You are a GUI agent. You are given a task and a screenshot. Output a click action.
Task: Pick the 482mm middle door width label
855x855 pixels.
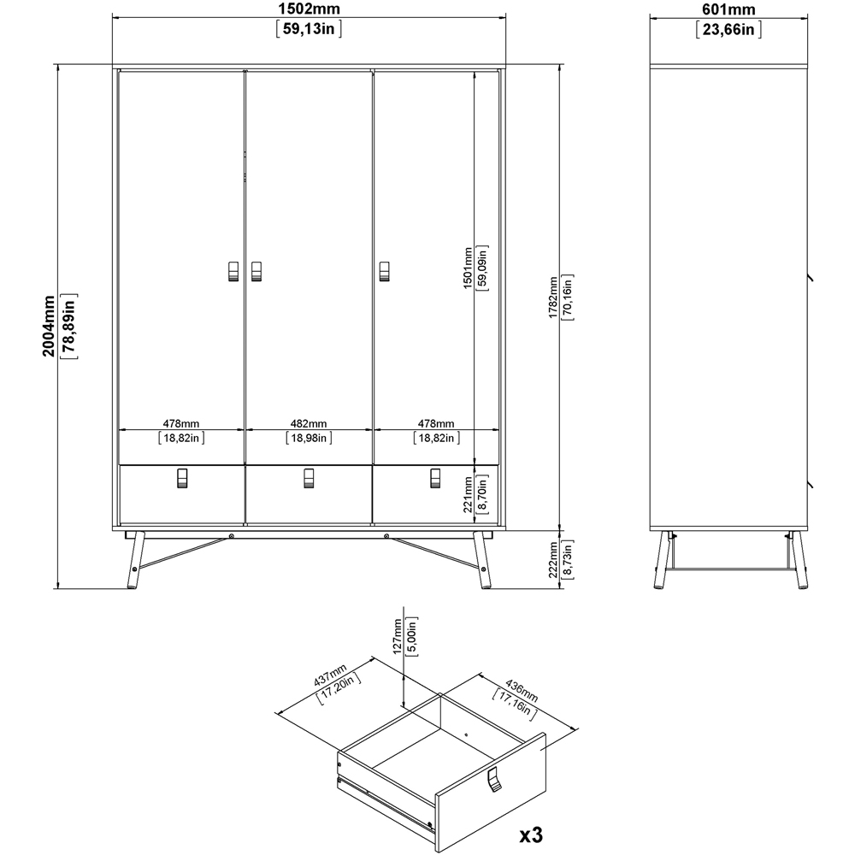308,423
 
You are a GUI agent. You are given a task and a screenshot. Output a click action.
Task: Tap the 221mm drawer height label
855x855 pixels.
468,493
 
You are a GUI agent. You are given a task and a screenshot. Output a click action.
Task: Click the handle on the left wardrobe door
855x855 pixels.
233,269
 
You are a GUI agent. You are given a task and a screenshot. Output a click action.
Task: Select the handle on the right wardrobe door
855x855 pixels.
384,269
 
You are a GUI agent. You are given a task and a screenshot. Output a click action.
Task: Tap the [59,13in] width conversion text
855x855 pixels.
309,29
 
